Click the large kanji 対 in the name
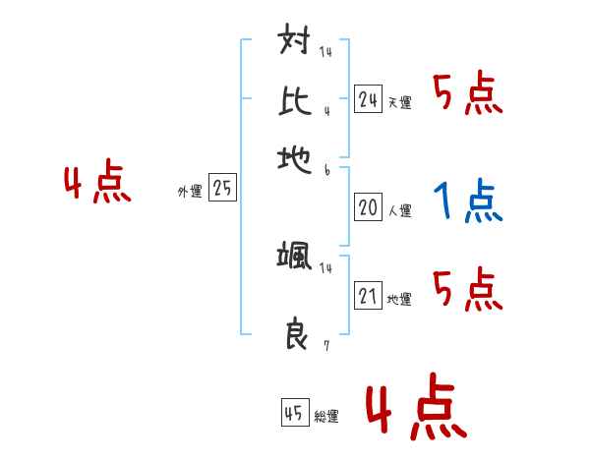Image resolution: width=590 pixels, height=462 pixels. tap(295, 44)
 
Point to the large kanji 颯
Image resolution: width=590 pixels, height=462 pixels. tap(295, 259)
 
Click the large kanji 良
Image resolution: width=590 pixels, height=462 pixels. tap(295, 335)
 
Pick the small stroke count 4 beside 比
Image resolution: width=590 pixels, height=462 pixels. tap(325, 110)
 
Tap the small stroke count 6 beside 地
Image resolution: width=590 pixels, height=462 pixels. tap(326, 169)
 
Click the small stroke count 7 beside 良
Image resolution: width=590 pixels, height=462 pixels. tap(326, 346)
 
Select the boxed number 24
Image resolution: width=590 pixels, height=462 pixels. tap(368, 98)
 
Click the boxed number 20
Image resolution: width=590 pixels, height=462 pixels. tap(368, 207)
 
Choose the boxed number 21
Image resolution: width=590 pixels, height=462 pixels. tap(368, 296)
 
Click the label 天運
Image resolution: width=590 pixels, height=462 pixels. tap(399, 102)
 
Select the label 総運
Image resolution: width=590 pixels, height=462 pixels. tap(326, 416)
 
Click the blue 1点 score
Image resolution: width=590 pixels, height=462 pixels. tap(467, 202)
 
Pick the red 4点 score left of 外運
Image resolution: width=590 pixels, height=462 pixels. tap(97, 184)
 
